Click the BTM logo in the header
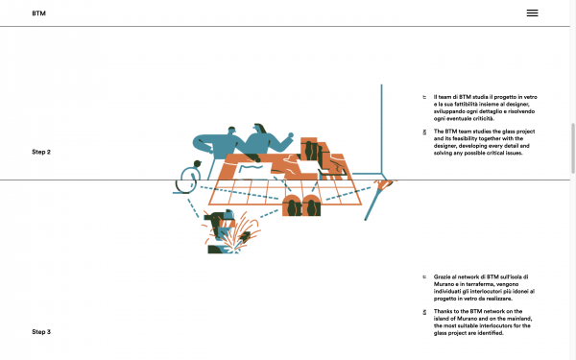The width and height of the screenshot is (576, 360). pos(38,13)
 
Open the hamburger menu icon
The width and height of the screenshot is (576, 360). pos(532,13)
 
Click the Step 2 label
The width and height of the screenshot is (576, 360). pos(41,152)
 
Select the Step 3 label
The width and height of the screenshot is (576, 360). pos(41,332)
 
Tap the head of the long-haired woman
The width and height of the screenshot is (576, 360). pos(260,129)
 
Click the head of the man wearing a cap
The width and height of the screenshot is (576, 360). pos(231,131)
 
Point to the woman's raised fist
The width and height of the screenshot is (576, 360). pos(291,135)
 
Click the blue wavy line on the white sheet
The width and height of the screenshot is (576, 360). pos(251,168)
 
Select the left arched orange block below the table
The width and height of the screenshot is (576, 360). pos(292,205)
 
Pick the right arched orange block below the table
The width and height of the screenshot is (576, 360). pos(311,205)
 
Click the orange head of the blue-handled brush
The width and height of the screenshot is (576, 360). pos(384,184)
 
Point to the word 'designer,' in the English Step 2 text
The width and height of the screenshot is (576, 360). pos(445,146)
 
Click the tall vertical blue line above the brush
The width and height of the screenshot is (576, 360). pos(381,129)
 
